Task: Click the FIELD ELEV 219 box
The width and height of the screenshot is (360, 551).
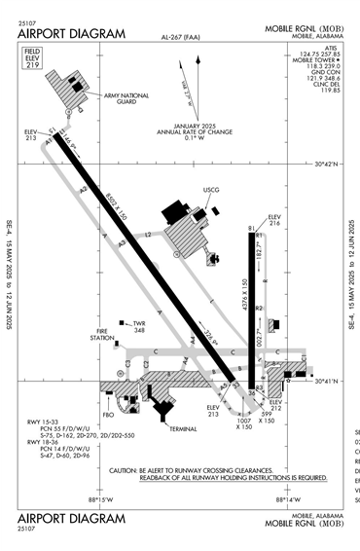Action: point(33,56)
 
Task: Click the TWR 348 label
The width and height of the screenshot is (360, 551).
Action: point(138,326)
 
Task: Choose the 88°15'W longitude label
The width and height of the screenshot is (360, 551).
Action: point(100,500)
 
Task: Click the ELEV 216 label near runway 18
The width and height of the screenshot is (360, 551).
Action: point(273,220)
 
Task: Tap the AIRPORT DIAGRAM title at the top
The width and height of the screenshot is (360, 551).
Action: point(71,34)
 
